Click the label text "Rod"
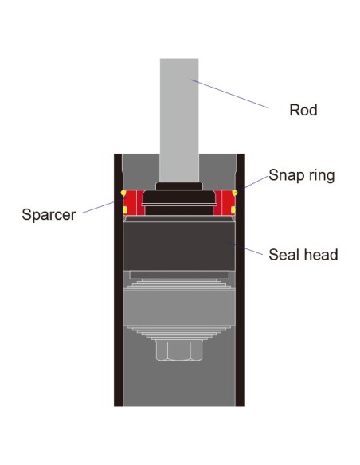(303, 110)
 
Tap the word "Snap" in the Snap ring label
(285, 175)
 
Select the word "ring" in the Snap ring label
(320, 175)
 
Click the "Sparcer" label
(49, 214)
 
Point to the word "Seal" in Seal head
(283, 255)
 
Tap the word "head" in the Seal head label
(319, 255)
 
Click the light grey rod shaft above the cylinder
(179, 120)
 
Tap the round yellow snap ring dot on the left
(123, 193)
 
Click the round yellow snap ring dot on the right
(235, 193)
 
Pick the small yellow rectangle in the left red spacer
(125, 210)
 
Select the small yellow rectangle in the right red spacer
(233, 210)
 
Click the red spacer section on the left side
(134, 202)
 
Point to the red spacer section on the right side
(224, 202)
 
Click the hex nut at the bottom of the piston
(179, 350)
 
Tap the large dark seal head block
(179, 245)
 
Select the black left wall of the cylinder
(118, 280)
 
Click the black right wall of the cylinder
(240, 280)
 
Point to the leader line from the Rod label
(230, 94)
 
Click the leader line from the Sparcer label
(102, 206)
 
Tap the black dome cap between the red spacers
(179, 197)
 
